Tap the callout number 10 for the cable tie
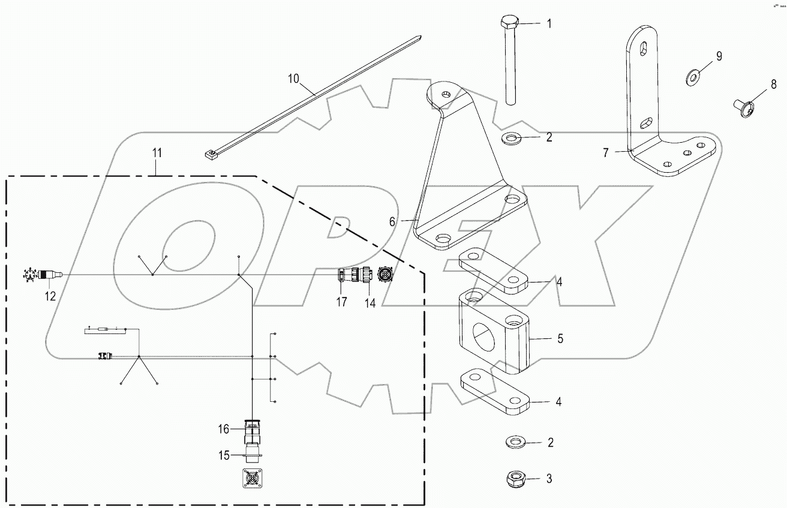pos(293,78)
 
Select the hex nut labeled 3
pos(515,479)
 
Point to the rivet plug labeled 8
pos(742,107)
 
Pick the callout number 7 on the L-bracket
pos(606,153)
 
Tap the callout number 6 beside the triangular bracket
pos(392,221)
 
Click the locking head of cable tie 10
pos(210,155)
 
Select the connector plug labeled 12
pos(48,275)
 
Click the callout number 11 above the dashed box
pos(157,153)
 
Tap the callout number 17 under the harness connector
pos(341,302)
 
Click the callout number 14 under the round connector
pos(370,303)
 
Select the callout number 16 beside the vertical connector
pos(223,429)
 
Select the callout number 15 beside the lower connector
pos(223,456)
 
